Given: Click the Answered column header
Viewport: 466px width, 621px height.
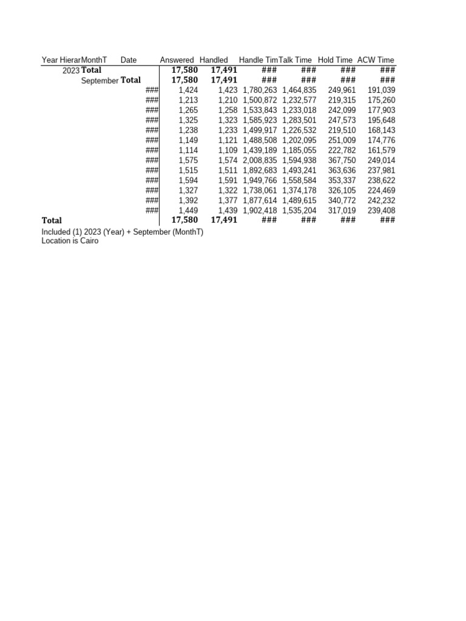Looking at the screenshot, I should click(x=177, y=60).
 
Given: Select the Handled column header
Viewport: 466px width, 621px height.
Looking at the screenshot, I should click(x=214, y=60).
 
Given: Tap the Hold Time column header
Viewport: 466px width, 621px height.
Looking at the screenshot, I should click(x=335, y=60).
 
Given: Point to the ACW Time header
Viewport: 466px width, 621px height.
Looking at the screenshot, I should click(x=376, y=60).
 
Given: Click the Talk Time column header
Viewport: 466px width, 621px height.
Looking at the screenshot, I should click(x=295, y=60).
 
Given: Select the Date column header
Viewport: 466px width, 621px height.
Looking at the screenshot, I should click(x=129, y=60).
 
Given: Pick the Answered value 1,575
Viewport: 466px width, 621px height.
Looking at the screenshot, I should click(x=189, y=161).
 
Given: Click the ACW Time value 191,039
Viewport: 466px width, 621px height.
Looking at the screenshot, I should click(x=381, y=90).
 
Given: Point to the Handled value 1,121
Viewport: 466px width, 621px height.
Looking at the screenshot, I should click(x=228, y=141).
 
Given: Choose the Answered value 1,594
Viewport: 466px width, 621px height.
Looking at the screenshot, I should click(x=189, y=181).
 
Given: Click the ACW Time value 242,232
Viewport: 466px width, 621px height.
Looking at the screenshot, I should click(x=381, y=201).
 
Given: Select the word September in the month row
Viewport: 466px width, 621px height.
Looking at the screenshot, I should click(x=100, y=81).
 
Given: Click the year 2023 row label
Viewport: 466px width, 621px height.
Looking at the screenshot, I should click(x=70, y=70).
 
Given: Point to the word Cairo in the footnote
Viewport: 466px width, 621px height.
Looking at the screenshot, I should click(x=87, y=241).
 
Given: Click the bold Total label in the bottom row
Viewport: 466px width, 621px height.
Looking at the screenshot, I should click(x=52, y=221).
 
